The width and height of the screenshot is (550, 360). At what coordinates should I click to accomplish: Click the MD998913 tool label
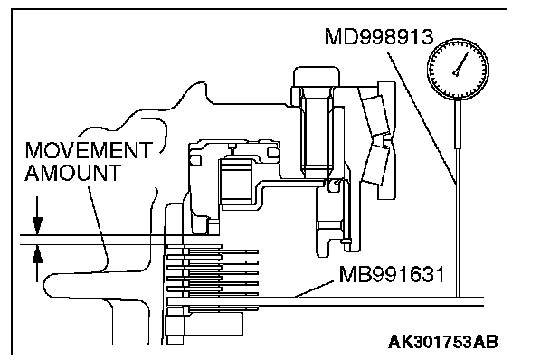tap(379, 36)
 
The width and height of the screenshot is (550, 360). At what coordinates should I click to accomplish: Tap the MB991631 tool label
tap(392, 274)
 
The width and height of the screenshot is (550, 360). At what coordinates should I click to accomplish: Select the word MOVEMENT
tap(89, 150)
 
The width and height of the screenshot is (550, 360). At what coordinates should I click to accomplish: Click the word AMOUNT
tap(72, 173)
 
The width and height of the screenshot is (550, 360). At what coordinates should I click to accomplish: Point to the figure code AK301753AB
tap(442, 341)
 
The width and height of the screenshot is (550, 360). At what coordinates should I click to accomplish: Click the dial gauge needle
tap(461, 64)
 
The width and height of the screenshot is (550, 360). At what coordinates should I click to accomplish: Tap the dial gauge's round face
tap(458, 69)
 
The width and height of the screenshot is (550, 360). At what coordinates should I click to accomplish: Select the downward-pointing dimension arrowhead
tap(37, 225)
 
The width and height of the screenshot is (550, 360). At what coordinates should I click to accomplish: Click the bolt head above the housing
tap(317, 77)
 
